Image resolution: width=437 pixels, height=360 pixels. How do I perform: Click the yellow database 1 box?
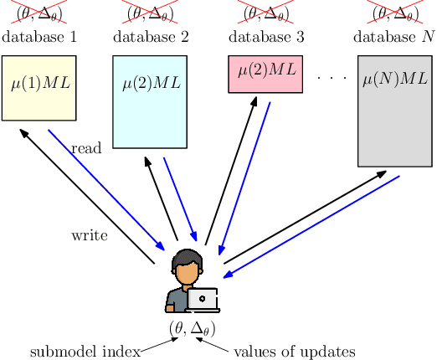click(x=39, y=88)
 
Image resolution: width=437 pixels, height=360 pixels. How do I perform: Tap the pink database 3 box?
click(x=264, y=74)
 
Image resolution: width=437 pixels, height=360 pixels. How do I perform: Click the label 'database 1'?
click(x=39, y=38)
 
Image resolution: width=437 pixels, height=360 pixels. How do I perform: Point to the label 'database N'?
click(x=394, y=38)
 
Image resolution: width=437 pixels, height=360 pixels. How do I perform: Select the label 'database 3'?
click(x=264, y=38)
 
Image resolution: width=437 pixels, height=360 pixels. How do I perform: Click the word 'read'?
click(x=86, y=148)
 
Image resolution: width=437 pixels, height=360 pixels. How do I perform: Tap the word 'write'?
click(x=90, y=235)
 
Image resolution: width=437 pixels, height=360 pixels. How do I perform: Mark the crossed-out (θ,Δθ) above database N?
click(x=394, y=13)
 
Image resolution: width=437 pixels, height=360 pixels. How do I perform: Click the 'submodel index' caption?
click(x=85, y=352)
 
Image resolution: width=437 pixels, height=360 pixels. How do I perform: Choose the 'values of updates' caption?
click(x=294, y=352)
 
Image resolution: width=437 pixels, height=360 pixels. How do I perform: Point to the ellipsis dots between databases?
click(x=332, y=77)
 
